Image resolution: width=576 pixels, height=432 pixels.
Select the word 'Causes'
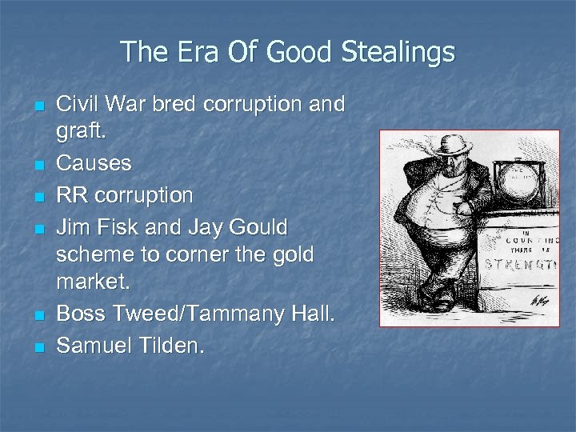click(94, 163)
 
